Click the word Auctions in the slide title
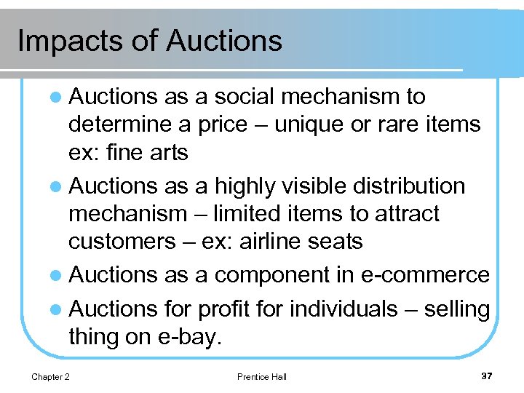[223, 40]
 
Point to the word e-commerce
[425, 275]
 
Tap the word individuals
[344, 309]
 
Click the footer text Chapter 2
[50, 376]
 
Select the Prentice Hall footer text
[262, 376]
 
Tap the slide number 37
[486, 376]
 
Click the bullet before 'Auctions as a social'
[58, 98]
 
